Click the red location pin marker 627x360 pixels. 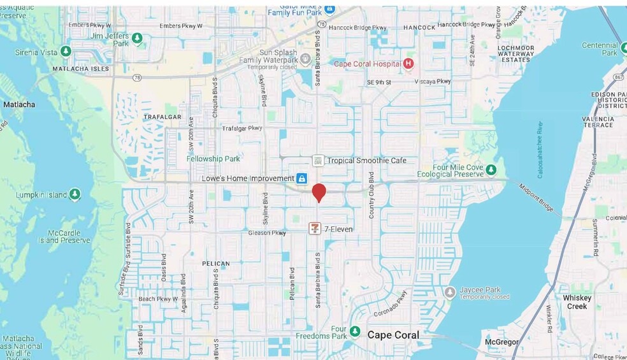tap(319, 192)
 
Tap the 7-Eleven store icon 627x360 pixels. tap(315, 228)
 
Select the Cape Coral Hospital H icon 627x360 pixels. tap(408, 63)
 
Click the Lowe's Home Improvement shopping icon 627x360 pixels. tap(301, 179)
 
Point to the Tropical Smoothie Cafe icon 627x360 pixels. tap(318, 161)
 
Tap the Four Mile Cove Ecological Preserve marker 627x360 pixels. tap(491, 169)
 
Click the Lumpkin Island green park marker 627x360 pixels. tap(75, 194)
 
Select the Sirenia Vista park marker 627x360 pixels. tap(66, 51)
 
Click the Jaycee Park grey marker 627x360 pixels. tap(450, 292)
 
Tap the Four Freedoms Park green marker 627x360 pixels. tap(355, 333)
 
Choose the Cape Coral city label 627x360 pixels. tap(393, 335)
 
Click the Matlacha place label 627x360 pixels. tap(19, 104)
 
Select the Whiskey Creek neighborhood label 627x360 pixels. tap(577, 302)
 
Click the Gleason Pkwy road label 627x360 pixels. tap(267, 233)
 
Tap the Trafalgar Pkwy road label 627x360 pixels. tap(241, 128)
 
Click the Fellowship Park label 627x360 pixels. tap(213, 158)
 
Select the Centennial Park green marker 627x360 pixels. tap(601, 48)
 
